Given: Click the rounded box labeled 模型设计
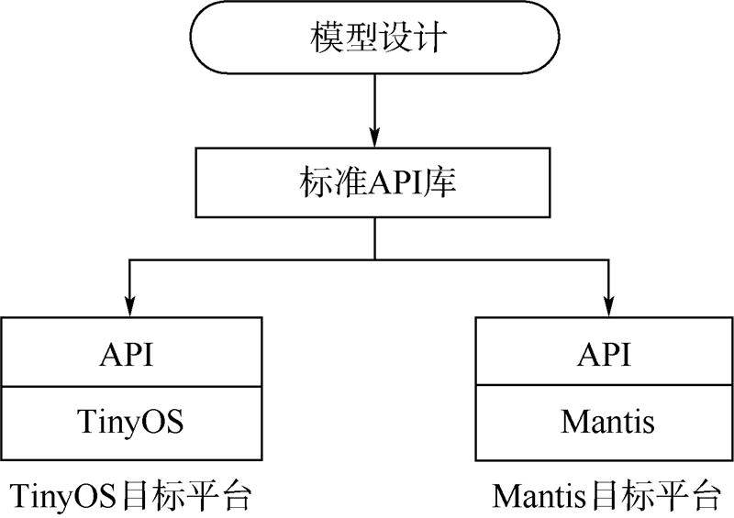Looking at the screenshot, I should click(x=374, y=39).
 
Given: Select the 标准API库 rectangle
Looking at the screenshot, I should click(x=374, y=183).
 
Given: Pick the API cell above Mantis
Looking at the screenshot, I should click(x=605, y=353).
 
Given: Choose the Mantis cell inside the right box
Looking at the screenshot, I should click(x=605, y=424).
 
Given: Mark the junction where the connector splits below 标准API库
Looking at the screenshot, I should click(x=374, y=259).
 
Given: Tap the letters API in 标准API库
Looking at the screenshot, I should click(x=396, y=183).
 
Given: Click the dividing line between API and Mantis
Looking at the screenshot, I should click(x=605, y=388).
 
